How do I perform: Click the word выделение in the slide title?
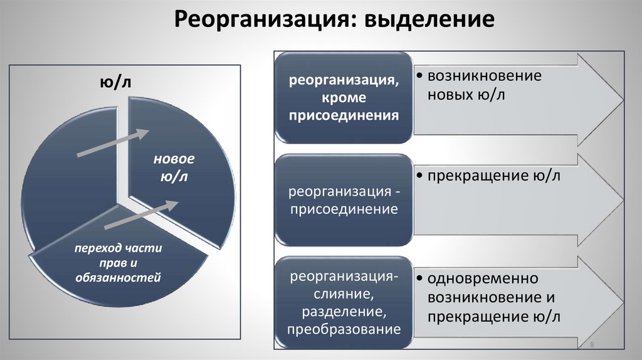426,21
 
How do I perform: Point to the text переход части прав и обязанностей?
118,262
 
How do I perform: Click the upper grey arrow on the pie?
113,144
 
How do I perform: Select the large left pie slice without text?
63,188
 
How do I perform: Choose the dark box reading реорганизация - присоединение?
344,200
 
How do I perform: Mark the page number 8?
592,347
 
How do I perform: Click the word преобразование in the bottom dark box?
344,328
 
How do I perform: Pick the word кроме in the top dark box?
344,98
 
